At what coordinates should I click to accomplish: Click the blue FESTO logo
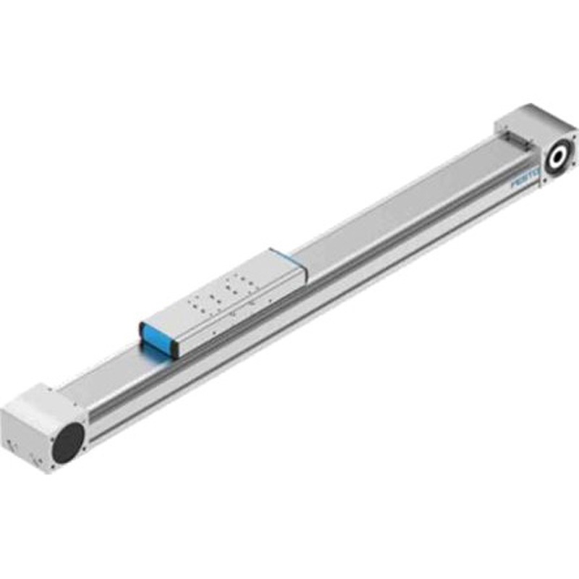[525, 178]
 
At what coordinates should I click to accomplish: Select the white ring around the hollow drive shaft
[559, 157]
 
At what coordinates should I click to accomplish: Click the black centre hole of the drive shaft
[559, 157]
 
